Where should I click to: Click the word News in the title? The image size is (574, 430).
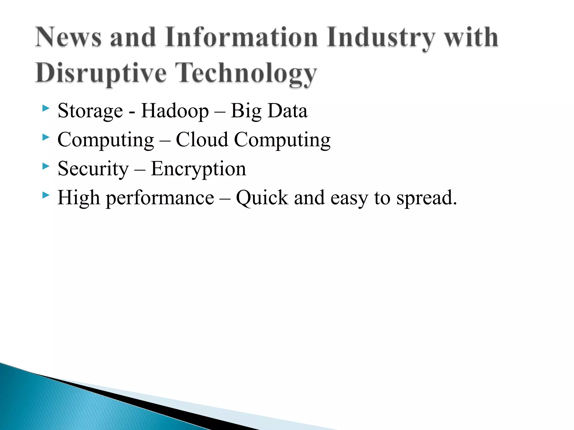[68, 37]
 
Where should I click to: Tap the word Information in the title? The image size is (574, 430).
[241, 37]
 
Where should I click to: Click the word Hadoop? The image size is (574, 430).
[175, 111]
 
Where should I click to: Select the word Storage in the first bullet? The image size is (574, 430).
[90, 111]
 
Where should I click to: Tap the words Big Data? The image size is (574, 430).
[269, 111]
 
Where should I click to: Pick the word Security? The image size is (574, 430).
[93, 169]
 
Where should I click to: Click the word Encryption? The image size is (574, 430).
[198, 169]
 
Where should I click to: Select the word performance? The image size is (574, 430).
[160, 198]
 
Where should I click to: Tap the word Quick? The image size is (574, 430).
[262, 198]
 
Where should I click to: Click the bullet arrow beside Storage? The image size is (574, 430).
[45, 108]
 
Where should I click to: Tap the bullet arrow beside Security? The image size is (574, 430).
[45, 166]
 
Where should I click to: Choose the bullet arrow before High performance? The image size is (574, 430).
[45, 195]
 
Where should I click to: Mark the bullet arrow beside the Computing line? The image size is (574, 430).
[45, 137]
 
